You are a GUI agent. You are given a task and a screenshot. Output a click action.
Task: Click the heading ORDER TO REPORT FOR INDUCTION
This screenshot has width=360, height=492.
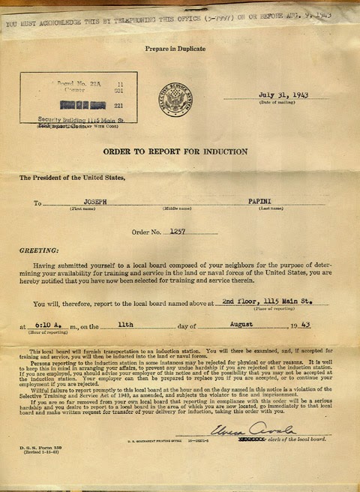click(175, 151)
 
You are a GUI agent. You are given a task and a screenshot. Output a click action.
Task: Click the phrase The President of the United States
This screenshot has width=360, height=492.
click(67, 178)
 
